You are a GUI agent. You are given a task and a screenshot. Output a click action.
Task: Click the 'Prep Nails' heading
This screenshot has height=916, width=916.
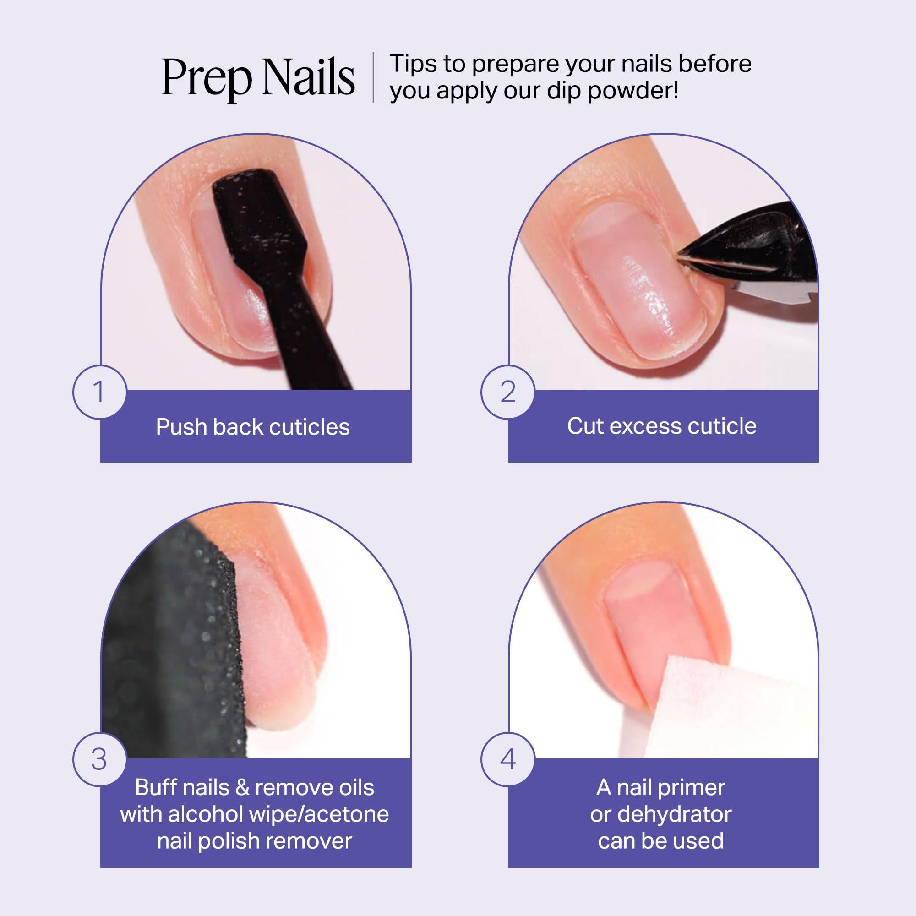click(258, 77)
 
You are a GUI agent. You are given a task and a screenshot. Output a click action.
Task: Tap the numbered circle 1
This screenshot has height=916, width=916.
click(99, 392)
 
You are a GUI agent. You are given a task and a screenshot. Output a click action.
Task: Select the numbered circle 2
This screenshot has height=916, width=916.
click(508, 392)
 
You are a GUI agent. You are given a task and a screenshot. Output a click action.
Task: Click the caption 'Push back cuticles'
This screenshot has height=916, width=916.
click(253, 427)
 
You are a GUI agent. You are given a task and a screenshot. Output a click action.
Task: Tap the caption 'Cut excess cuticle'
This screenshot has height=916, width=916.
click(661, 426)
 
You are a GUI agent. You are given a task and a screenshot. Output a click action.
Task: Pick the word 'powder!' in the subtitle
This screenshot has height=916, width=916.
click(633, 91)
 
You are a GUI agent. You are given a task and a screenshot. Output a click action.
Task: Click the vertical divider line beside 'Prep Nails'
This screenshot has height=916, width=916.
click(373, 77)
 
